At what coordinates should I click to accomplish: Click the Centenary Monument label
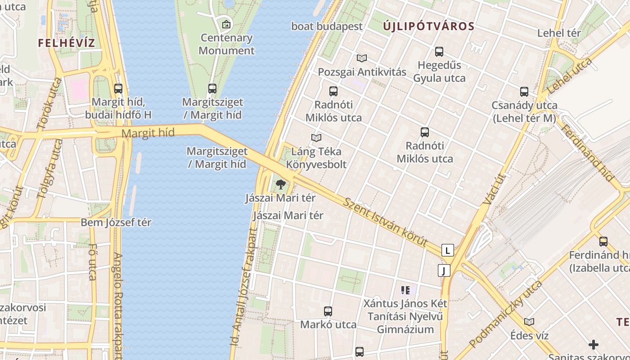[226, 44]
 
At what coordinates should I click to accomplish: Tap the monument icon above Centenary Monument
[226, 24]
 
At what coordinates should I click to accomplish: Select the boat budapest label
[327, 27]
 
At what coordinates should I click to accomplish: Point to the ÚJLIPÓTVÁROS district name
[429, 27]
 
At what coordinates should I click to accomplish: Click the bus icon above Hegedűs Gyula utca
[439, 52]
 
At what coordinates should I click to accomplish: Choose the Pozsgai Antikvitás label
[362, 72]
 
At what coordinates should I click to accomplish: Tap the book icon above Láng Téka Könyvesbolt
[316, 138]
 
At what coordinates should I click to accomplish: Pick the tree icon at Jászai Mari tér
[280, 184]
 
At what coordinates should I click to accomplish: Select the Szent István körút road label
[385, 222]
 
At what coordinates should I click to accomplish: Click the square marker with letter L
[447, 250]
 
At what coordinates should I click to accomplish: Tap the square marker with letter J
[444, 270]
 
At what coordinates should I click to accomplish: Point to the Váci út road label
[494, 189]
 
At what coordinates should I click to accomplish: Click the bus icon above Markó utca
[328, 311]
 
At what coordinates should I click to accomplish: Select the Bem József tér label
[116, 222]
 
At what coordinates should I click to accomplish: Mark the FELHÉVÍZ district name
[67, 43]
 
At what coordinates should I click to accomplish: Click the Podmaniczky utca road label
[505, 314]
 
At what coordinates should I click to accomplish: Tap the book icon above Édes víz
[529, 322]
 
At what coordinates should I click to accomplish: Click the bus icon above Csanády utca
[524, 92]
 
